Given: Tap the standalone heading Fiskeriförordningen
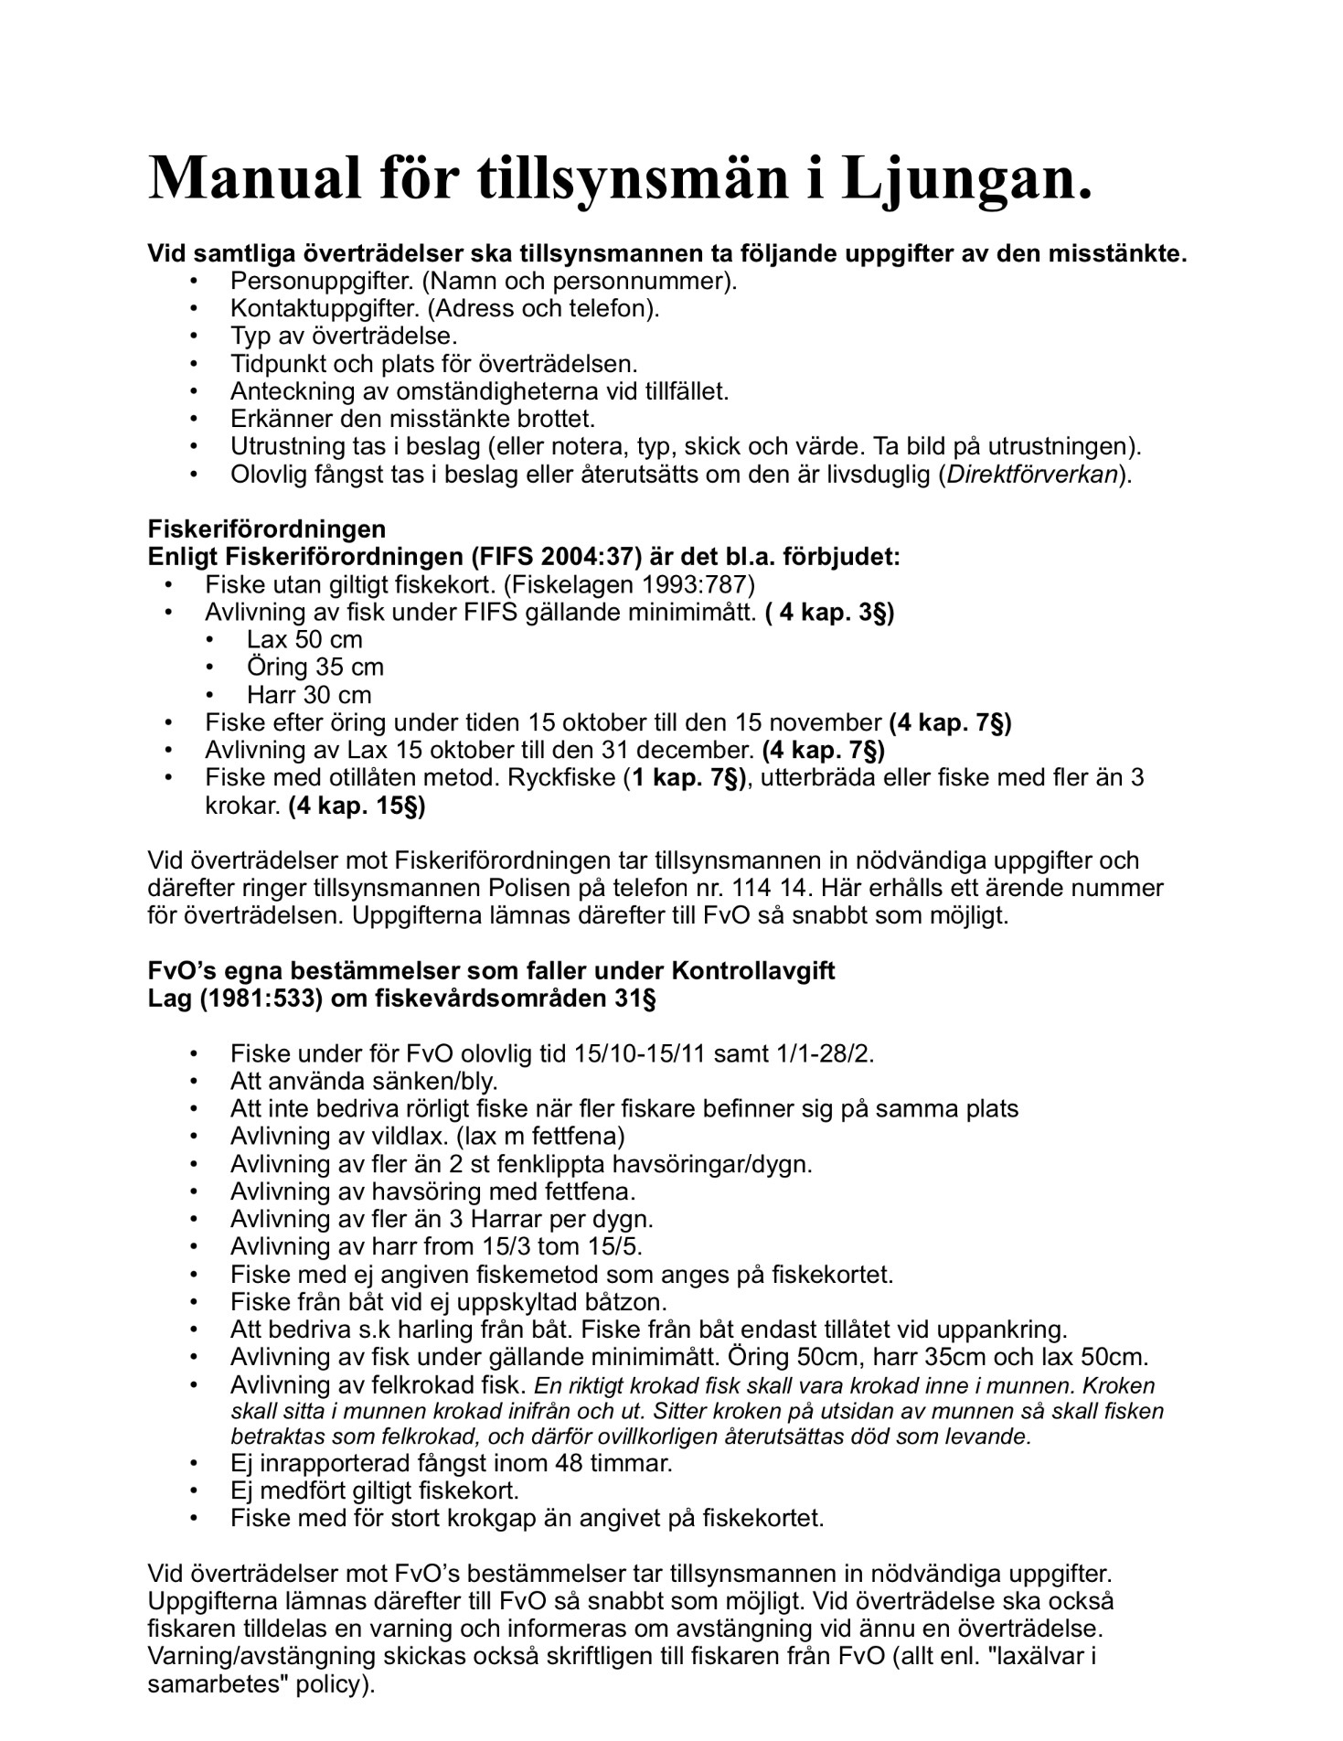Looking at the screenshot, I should click(267, 529).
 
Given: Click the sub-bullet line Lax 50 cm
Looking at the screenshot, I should click(304, 640).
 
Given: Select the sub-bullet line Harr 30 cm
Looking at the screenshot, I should click(309, 695).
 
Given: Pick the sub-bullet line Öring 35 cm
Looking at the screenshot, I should click(314, 668).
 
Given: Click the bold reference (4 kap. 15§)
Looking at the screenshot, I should click(357, 806).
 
